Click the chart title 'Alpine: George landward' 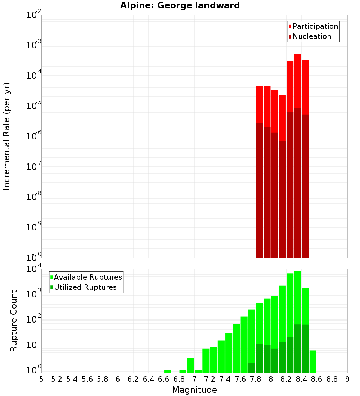pyautogui.click(x=180, y=5)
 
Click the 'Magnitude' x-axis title pyautogui.click(x=194, y=390)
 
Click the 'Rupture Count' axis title pyautogui.click(x=14, y=321)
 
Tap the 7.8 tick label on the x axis pyautogui.click(x=256, y=379)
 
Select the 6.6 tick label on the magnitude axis pyautogui.click(x=164, y=379)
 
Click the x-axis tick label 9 pyautogui.click(x=347, y=379)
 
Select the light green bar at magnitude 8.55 pyautogui.click(x=313, y=361)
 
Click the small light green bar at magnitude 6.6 pyautogui.click(x=167, y=371)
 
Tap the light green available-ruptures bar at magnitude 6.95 pyautogui.click(x=190, y=365)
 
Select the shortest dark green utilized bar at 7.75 pyautogui.click(x=252, y=368)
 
